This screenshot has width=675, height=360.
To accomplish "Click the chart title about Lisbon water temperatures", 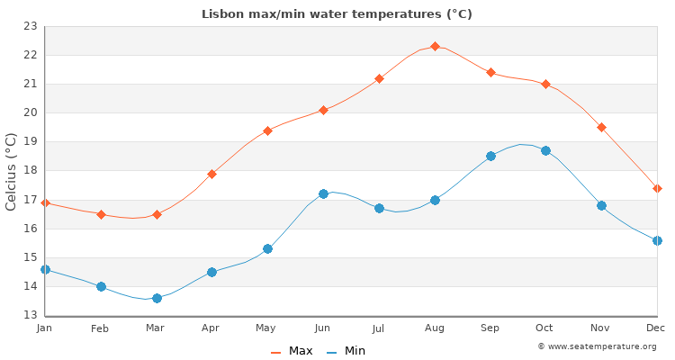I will (337, 13).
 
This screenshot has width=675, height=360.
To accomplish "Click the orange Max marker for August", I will (435, 46).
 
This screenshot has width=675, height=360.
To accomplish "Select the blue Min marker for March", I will (157, 298).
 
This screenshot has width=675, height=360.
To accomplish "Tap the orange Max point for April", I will (211, 174).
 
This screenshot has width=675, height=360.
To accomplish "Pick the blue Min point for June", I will (323, 193).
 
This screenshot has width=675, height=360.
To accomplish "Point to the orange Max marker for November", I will (601, 127).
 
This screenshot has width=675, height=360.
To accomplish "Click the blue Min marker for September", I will (490, 156).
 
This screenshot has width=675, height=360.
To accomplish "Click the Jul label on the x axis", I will (378, 328).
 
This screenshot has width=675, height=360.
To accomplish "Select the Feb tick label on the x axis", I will (100, 328).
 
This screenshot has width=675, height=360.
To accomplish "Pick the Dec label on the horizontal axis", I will (656, 328).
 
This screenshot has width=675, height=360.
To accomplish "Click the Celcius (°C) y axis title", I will (12, 171).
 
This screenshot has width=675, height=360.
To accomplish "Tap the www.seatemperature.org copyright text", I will (597, 346).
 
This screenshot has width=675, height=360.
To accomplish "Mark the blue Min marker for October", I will (545, 150).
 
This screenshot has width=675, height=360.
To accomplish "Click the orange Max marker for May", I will (267, 130).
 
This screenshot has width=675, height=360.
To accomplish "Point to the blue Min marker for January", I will (45, 269).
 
